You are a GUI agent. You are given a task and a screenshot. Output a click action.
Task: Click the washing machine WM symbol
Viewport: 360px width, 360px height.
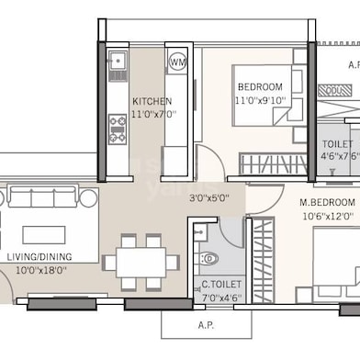177,63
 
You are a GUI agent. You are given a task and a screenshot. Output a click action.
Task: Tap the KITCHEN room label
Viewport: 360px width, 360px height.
151,101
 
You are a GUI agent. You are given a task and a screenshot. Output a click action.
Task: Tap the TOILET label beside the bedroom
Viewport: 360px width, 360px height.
337,143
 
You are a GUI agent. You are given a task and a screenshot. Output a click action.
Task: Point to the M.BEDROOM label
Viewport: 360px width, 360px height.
327,202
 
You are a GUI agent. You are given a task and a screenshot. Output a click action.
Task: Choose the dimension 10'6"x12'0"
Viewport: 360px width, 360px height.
327,216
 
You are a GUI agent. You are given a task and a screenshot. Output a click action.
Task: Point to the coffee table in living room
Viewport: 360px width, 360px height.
44,235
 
